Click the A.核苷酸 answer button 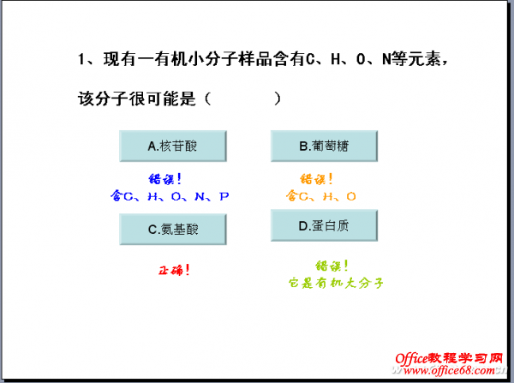tap(173, 147)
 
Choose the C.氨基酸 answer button tap(173, 229)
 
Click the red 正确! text tap(174, 270)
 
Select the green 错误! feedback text tap(332, 266)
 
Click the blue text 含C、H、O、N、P tap(170, 196)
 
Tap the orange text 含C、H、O tap(321, 196)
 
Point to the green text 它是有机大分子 tap(335, 281)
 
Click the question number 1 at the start tap(82, 59)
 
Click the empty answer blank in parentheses tap(244, 99)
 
